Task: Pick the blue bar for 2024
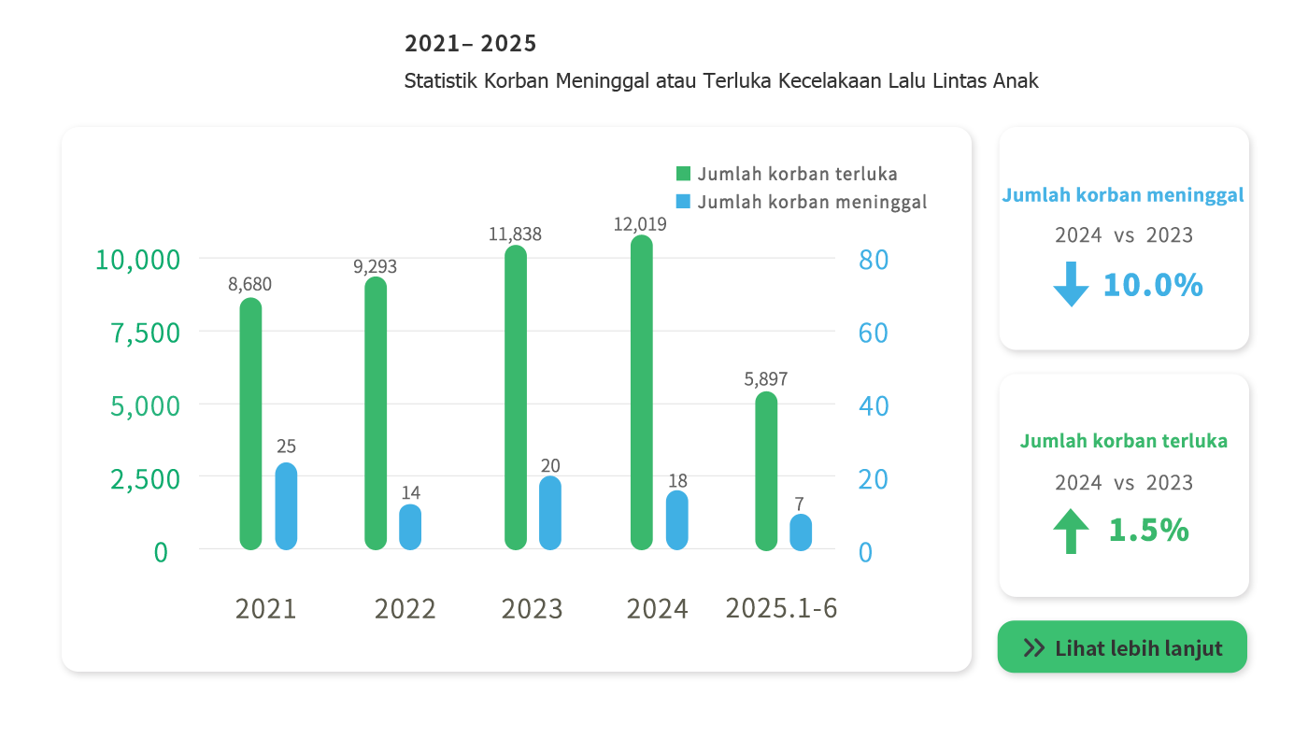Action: coord(677,519)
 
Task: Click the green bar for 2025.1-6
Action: coord(766,471)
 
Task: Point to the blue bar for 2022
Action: coord(410,527)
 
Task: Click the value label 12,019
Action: coord(640,224)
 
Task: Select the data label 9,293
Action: coord(375,267)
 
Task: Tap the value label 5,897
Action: coord(766,379)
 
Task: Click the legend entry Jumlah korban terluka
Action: coord(787,174)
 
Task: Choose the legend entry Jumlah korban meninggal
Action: coord(802,202)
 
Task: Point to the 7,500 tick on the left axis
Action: coord(146,333)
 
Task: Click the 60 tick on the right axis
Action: coord(873,333)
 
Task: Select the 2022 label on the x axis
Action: coord(405,609)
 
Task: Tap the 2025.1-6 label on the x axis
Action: coord(781,609)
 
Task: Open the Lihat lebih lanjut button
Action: coord(1122,647)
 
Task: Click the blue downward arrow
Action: coord(1071,284)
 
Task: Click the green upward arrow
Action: coord(1071,531)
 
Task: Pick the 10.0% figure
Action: coord(1153,285)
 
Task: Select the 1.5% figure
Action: coord(1148,531)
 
